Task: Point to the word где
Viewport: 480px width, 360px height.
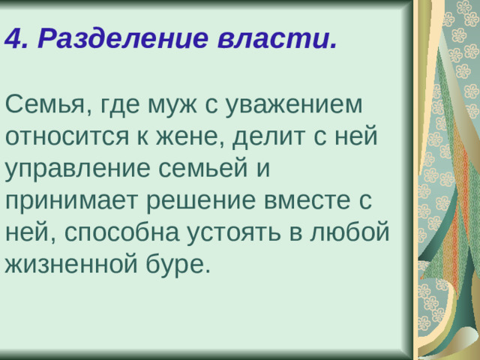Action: tap(119, 106)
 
